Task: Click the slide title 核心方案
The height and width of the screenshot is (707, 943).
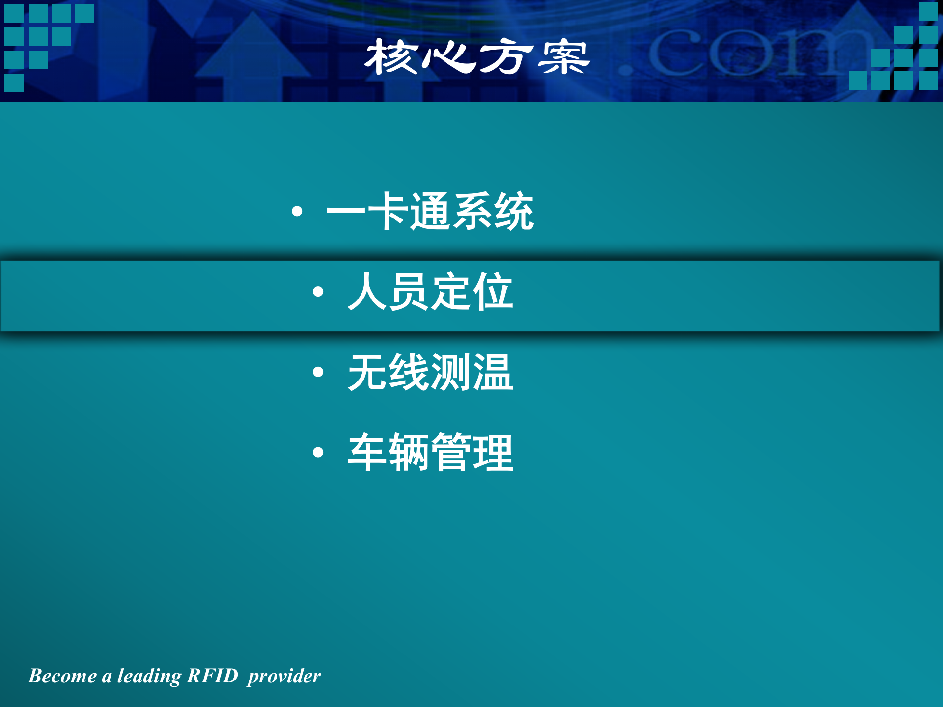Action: click(x=476, y=57)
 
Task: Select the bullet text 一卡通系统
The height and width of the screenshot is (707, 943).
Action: click(x=430, y=211)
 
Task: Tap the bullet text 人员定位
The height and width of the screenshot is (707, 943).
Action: click(x=430, y=292)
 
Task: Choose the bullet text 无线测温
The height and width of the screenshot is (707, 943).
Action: click(x=430, y=372)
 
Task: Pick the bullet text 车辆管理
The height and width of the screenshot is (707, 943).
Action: click(x=430, y=452)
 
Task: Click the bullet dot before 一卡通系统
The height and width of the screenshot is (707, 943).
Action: click(x=297, y=212)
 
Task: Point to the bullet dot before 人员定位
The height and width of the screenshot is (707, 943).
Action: click(x=318, y=292)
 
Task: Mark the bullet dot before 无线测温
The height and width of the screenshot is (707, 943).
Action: click(x=318, y=372)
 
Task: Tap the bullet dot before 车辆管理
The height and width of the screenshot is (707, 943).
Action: click(x=318, y=452)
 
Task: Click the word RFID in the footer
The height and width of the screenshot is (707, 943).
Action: click(x=213, y=676)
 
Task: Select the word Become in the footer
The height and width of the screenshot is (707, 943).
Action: click(x=62, y=676)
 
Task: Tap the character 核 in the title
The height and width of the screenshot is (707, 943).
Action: click(x=390, y=57)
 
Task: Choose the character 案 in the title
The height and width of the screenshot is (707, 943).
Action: click(x=564, y=57)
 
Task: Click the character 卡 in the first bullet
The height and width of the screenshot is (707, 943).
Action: click(x=388, y=211)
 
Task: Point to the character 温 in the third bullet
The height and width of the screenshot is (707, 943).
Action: click(x=493, y=372)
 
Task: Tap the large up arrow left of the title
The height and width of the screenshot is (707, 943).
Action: click(x=253, y=54)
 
